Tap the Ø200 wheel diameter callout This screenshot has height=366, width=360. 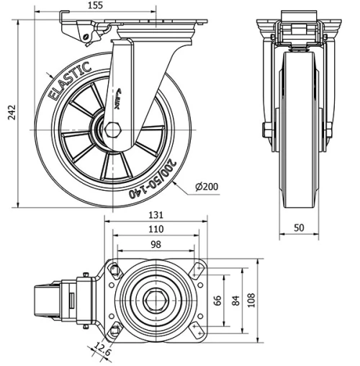pyautogui.click(x=209, y=187)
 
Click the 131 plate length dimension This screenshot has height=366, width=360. pyautogui.click(x=156, y=214)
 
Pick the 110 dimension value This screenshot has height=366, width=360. pyautogui.click(x=156, y=229)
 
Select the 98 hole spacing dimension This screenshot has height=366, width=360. pyautogui.click(x=156, y=244)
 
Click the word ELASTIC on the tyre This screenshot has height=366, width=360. pyautogui.click(x=68, y=81)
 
